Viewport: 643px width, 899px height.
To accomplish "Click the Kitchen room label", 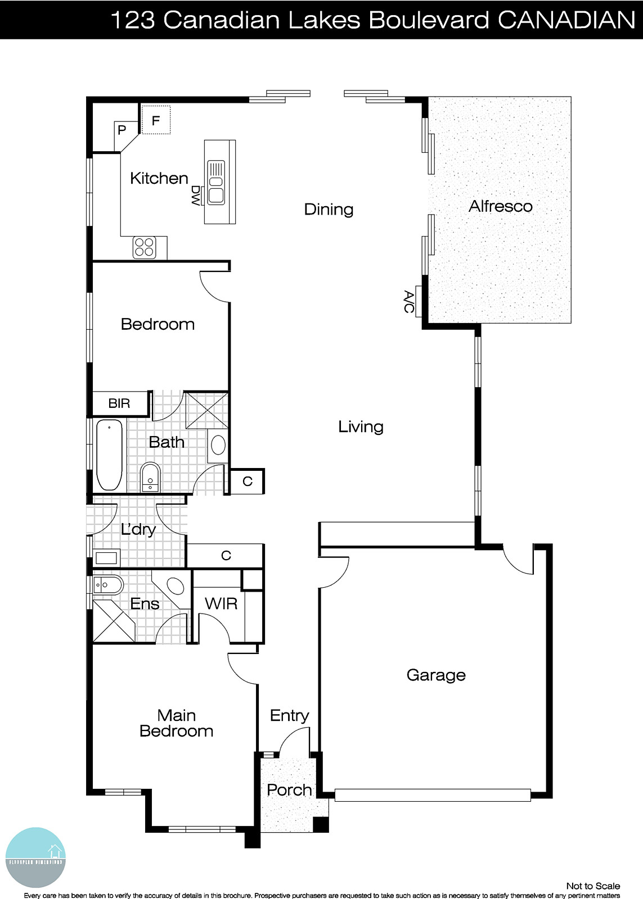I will tap(159, 178).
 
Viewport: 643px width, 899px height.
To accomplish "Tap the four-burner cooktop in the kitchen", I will tap(145, 247).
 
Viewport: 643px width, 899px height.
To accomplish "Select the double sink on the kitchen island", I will tap(216, 182).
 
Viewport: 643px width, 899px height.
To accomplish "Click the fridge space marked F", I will tap(156, 120).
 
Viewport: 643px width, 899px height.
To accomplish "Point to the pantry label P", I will tap(122, 130).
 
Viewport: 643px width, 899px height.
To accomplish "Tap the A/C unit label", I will tap(409, 302).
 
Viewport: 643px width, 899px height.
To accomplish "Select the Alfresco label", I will tap(500, 206).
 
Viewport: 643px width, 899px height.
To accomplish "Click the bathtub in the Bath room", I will tap(109, 455).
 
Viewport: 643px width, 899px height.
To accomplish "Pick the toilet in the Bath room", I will tap(150, 476).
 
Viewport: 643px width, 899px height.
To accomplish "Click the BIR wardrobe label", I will tap(119, 403).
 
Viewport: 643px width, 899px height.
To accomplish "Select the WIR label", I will tap(221, 604).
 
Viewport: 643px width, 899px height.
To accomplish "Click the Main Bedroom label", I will tap(177, 723).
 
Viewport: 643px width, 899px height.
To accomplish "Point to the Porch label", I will tap(289, 790).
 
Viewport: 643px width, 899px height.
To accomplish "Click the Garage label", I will tap(436, 675).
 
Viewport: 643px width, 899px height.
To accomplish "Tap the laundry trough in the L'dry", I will tap(106, 558).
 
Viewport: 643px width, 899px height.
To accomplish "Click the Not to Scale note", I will tap(593, 886).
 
